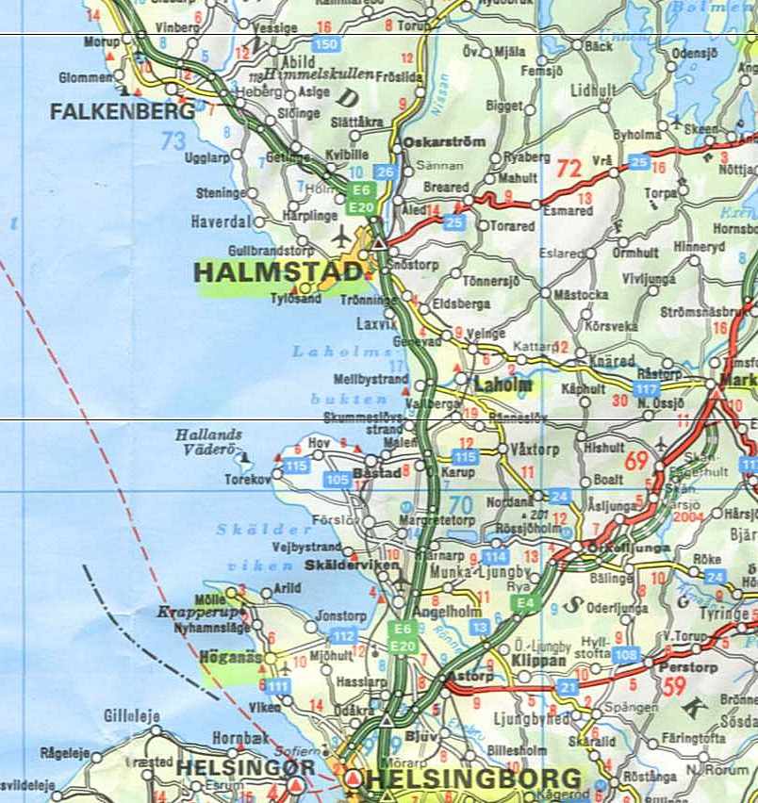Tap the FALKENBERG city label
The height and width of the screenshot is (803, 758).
pyautogui.click(x=123, y=111)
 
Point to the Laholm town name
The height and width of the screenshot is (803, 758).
pyautogui.click(x=503, y=385)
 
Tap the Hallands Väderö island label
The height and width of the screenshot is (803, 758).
pyautogui.click(x=208, y=442)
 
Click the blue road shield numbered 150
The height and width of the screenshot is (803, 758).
pyautogui.click(x=326, y=44)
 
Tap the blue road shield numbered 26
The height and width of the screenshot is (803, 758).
pyautogui.click(x=385, y=172)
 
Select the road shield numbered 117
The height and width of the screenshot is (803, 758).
pyautogui.click(x=646, y=389)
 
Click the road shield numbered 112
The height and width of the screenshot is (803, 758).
pyautogui.click(x=343, y=637)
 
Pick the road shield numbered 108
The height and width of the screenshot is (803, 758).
pyautogui.click(x=624, y=654)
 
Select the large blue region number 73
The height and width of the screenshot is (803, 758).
pyautogui.click(x=173, y=142)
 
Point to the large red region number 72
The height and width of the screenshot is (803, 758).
pyautogui.click(x=568, y=170)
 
